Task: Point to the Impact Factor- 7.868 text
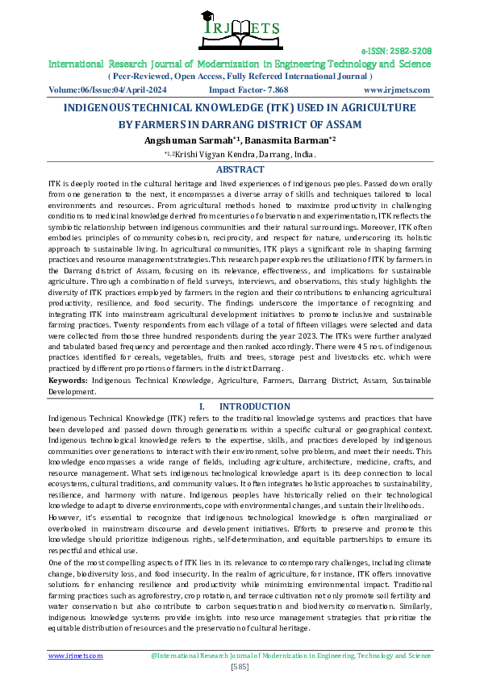click(248, 90)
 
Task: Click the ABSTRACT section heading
click(240, 169)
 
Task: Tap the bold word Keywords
click(68, 378)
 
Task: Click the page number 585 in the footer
click(240, 666)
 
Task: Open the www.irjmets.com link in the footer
click(76, 656)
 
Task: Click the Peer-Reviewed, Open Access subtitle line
click(240, 76)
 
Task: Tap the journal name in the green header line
click(240, 63)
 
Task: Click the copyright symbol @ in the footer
click(153, 656)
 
